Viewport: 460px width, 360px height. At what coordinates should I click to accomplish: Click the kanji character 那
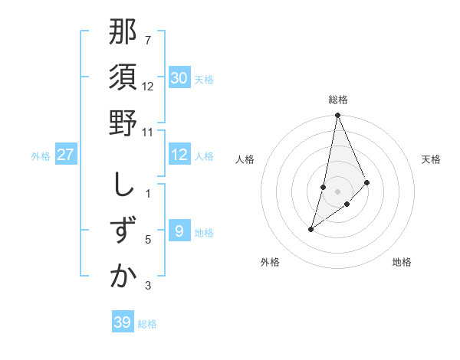coord(123,34)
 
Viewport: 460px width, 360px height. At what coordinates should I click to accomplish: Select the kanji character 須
coord(123,78)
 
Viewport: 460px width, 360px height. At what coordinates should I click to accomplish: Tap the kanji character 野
coord(123,123)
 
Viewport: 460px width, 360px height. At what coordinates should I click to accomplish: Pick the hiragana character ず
coord(123,231)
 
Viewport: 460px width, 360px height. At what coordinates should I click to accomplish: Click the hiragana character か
coord(123,277)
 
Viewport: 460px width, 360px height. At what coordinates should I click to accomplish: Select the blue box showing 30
coord(179,78)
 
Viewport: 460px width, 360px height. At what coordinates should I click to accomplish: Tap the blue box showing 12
coord(179,155)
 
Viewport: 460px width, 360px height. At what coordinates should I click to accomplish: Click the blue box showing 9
coord(179,231)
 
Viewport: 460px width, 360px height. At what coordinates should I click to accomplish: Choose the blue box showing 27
coord(66,155)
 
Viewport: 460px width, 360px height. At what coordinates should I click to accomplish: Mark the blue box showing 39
coord(122,322)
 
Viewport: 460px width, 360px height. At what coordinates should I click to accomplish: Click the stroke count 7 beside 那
coord(148,40)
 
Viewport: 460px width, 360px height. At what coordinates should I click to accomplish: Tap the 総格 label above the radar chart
coord(338,100)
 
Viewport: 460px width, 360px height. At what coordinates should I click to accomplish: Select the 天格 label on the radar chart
coord(432,159)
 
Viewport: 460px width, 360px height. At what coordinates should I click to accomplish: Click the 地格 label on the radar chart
coord(402,262)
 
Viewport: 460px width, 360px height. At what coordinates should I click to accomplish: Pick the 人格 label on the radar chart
coord(245,159)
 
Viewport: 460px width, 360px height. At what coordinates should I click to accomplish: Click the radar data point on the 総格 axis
coord(338,116)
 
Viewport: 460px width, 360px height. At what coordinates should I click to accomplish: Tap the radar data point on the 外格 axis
coord(310,229)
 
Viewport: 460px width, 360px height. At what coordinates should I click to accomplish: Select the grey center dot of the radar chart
coord(338,191)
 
